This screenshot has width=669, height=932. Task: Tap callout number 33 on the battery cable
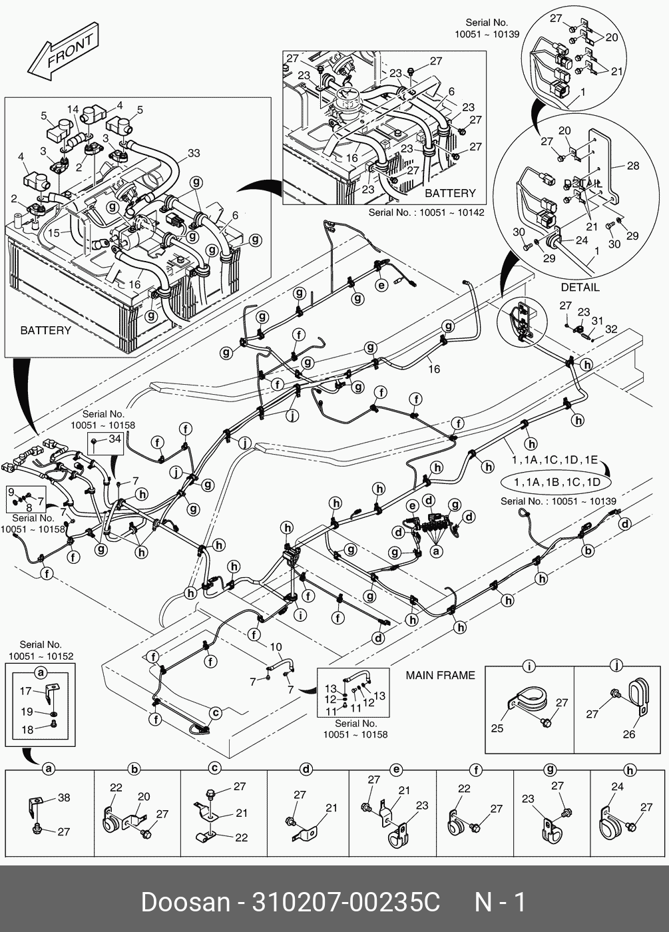(x=193, y=153)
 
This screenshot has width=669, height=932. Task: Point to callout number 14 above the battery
(x=73, y=109)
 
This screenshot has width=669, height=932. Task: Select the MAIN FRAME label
(x=441, y=675)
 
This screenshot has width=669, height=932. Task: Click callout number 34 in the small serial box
(x=114, y=439)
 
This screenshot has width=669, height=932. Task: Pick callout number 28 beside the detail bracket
(x=632, y=165)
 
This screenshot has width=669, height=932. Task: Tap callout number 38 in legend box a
(x=64, y=798)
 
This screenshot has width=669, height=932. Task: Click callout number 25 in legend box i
(x=497, y=728)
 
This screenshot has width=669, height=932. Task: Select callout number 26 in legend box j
(x=629, y=734)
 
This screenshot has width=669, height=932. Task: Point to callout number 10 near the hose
(x=276, y=646)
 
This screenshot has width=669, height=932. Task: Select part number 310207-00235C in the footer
(x=345, y=903)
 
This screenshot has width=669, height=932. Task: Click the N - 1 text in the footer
(x=500, y=903)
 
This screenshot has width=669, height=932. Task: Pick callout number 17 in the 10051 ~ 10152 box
(x=26, y=691)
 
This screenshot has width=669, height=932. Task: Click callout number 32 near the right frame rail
(x=611, y=329)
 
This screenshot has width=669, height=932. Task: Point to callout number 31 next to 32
(x=598, y=321)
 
